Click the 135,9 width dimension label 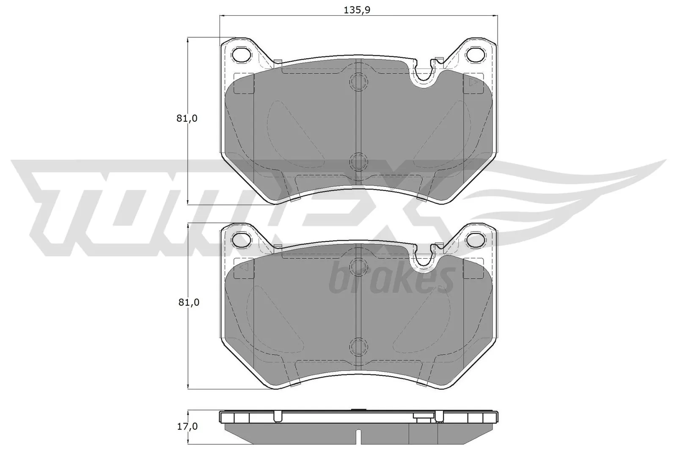tap(357, 10)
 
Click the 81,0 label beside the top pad tap(187, 119)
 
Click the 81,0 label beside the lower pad tap(187, 302)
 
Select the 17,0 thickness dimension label tap(187, 427)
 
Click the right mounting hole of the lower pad tap(475, 240)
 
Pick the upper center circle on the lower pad tap(358, 266)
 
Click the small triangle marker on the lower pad tap(244, 268)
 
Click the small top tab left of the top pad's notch tap(278, 63)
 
